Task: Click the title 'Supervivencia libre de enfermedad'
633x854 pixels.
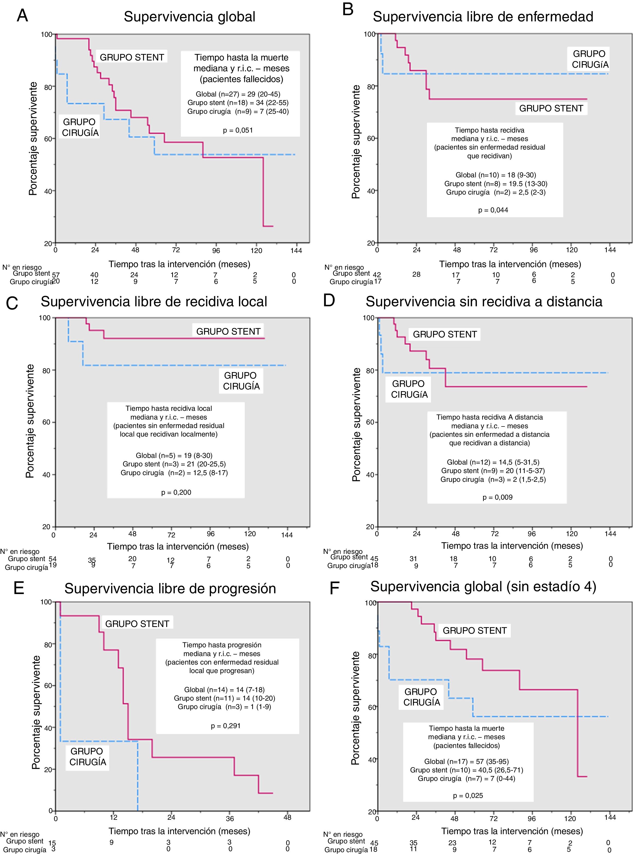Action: point(483,17)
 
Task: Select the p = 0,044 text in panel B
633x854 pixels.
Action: point(493,210)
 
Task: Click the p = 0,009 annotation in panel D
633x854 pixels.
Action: point(497,497)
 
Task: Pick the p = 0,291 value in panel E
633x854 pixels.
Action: point(226,726)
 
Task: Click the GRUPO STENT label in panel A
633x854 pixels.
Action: point(132,57)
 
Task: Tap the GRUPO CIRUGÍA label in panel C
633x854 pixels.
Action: point(241,381)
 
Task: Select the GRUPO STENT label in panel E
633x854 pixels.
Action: point(137,624)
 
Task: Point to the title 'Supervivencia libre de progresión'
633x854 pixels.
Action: point(170,589)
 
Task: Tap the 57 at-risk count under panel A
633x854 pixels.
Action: point(56,275)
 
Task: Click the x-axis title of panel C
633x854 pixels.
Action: point(178,546)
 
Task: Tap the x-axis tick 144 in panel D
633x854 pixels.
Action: point(610,534)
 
